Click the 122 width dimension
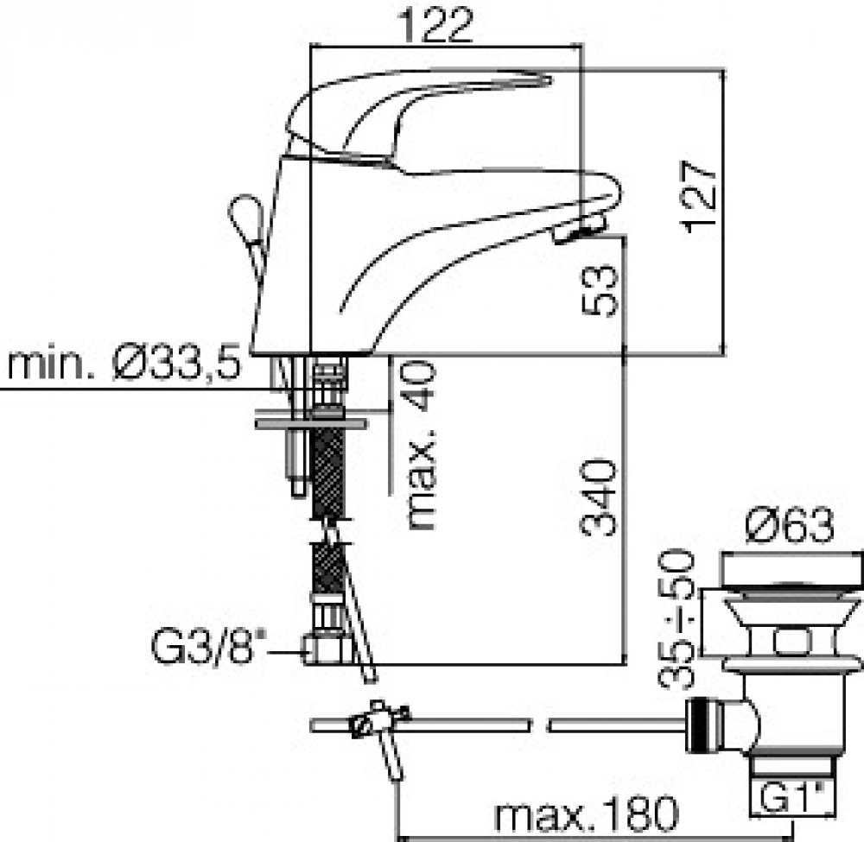(x=435, y=25)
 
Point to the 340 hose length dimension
(x=599, y=498)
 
